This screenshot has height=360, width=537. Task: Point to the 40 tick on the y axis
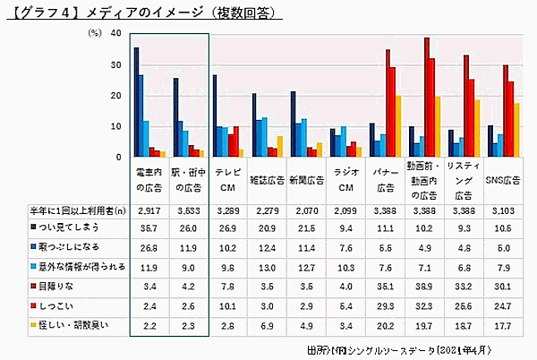(x=115, y=33)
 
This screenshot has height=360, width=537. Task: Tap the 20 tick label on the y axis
(x=115, y=95)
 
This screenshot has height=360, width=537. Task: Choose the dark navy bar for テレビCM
(x=214, y=116)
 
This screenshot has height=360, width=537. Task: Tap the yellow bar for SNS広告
(x=517, y=130)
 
